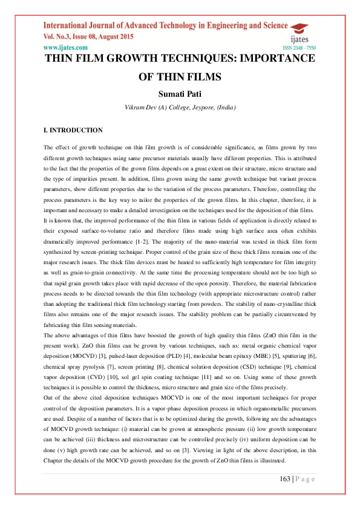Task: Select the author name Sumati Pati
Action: click(x=179, y=94)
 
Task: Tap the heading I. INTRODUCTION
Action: click(x=73, y=130)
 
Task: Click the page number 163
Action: click(x=286, y=479)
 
